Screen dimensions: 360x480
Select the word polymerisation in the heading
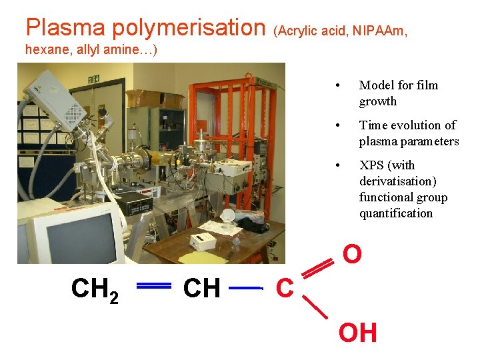(x=188, y=27)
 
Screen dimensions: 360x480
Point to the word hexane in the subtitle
(x=44, y=49)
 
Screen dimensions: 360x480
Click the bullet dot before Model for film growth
(x=339, y=85)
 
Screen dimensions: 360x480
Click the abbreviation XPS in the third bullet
(x=372, y=165)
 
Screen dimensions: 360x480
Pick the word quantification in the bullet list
(x=396, y=213)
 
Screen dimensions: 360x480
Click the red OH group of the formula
(x=358, y=332)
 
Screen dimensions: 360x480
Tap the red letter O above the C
(x=352, y=254)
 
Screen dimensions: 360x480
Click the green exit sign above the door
(x=93, y=79)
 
